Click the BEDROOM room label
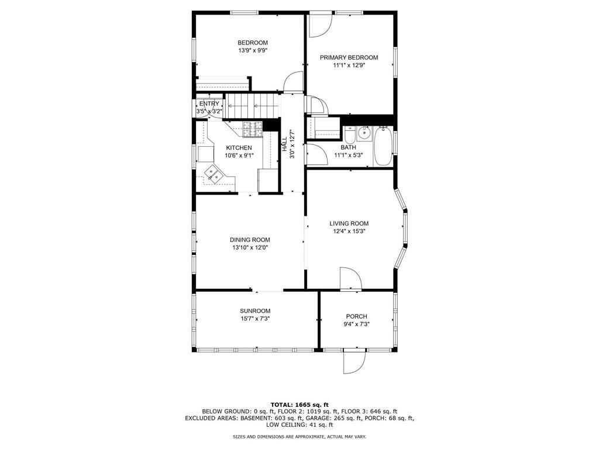(253, 43)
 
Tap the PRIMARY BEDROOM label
(349, 58)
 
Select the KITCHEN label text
(239, 148)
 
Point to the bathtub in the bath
(383, 146)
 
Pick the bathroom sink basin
(364, 134)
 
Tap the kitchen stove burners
(253, 129)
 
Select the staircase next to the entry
(253, 106)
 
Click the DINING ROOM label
(250, 240)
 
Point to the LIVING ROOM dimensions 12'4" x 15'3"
(349, 231)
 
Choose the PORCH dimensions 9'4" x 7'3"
(356, 324)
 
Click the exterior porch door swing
(355, 361)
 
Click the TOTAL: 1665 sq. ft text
(299, 405)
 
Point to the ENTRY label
(209, 104)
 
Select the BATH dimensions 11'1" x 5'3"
(348, 156)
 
